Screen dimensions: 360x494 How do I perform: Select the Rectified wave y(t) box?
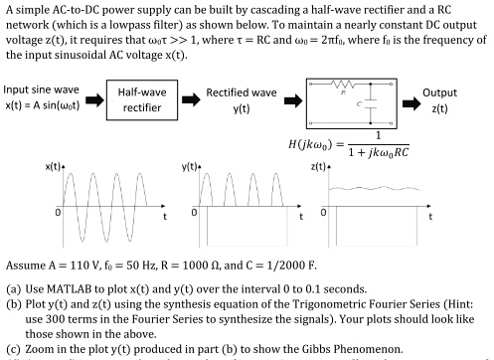point(241,99)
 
